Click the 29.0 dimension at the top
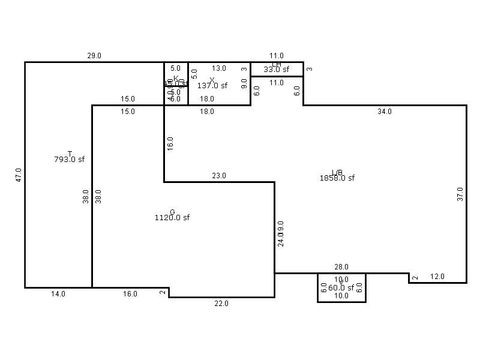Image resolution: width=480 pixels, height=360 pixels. click(95, 56)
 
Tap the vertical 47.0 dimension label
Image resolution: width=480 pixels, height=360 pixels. click(18, 175)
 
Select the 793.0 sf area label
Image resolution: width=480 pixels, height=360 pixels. click(70, 159)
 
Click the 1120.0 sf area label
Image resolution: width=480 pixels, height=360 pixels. click(172, 217)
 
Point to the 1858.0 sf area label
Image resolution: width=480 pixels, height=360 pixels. click(337, 177)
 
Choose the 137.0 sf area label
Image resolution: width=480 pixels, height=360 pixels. click(212, 85)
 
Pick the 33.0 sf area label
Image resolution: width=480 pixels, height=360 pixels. click(276, 69)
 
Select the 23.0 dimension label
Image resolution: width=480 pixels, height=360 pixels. click(218, 176)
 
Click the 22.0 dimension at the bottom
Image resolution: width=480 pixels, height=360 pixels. click(222, 303)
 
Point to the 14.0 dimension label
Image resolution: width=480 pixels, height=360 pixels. click(58, 294)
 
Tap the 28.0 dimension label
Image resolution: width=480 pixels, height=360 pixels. click(341, 267)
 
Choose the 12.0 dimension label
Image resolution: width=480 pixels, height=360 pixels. click(437, 276)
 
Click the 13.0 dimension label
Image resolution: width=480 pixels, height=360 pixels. click(218, 68)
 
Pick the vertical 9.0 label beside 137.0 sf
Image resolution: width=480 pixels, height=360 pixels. click(244, 84)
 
